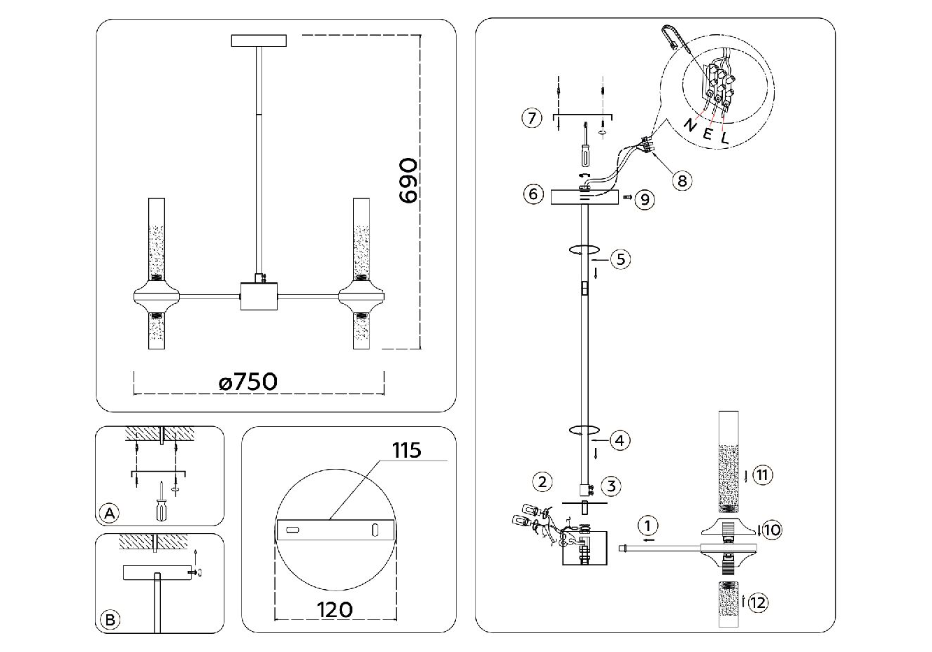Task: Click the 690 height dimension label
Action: (408, 180)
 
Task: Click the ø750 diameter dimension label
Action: (248, 382)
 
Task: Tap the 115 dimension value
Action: (406, 450)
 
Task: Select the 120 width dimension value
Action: (334, 610)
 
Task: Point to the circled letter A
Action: (110, 513)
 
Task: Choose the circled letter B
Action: (110, 620)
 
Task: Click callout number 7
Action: (532, 118)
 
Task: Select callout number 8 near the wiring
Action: (682, 181)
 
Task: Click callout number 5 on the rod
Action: (620, 259)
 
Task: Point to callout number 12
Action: (758, 602)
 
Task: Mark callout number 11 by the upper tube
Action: (762, 475)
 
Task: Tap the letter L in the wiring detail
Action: (725, 138)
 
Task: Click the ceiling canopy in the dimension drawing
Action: (259, 41)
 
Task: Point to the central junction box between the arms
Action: (259, 296)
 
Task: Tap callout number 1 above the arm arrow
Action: (648, 526)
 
